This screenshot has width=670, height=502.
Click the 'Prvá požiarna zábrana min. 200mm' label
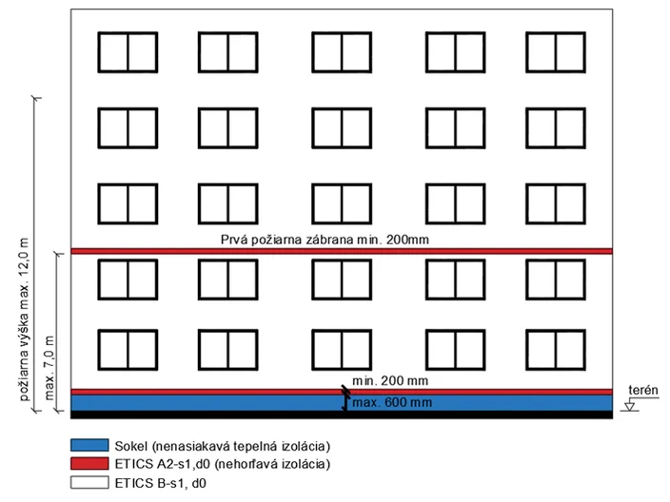[325, 240]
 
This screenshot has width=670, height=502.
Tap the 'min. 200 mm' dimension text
[390, 380]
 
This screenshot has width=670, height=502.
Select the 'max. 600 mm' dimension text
[392, 402]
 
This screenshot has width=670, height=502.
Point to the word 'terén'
[643, 390]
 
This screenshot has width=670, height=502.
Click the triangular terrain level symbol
[629, 406]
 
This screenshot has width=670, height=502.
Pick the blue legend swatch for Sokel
[89, 445]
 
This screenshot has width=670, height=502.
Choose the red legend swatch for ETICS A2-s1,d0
[89, 464]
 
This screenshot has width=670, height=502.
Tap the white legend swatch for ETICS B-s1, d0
[89, 482]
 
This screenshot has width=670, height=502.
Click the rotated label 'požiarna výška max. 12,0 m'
[25, 319]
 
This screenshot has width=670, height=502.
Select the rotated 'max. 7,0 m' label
[49, 368]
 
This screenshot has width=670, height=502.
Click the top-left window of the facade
[128, 52]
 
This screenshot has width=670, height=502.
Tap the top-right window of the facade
[556, 52]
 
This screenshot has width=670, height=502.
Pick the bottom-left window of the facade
[128, 350]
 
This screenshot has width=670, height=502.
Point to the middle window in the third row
[342, 203]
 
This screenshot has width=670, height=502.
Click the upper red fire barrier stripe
[342, 251]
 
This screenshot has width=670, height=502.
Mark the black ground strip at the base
[342, 415]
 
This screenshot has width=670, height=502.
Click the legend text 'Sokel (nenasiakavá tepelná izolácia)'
[223, 446]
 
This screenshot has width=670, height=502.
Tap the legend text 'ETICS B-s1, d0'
[161, 483]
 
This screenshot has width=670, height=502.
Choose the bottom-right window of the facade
[556, 350]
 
